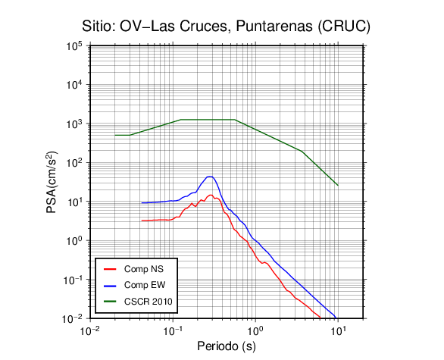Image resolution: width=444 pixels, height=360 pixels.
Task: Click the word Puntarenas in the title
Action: click(x=274, y=27)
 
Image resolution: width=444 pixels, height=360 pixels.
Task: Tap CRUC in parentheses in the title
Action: click(x=343, y=27)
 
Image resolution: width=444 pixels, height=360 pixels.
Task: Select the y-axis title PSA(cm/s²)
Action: click(x=52, y=183)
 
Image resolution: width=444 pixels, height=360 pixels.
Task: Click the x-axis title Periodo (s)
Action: click(x=227, y=346)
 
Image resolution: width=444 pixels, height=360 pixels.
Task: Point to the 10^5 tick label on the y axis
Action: click(x=74, y=45)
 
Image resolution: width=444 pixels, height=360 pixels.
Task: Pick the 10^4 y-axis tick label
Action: click(x=74, y=84)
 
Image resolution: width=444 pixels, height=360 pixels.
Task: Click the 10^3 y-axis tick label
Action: click(x=74, y=124)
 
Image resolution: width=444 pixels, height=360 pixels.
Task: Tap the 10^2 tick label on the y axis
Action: click(x=74, y=163)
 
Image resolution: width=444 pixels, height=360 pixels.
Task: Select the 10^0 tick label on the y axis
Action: click(x=74, y=240)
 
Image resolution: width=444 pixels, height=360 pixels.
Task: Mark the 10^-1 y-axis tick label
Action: click(x=73, y=280)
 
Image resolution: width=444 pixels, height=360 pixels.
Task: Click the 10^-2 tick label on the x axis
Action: click(x=89, y=330)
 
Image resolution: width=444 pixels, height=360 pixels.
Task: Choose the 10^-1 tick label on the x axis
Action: click(x=173, y=330)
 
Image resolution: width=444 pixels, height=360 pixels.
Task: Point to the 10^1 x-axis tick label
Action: click(x=337, y=330)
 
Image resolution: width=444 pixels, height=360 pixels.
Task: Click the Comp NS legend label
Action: click(x=143, y=269)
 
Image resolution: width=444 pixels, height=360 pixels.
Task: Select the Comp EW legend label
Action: click(x=145, y=285)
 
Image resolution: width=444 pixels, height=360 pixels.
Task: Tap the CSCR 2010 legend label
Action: click(x=148, y=302)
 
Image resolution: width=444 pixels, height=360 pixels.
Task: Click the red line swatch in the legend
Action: click(x=110, y=269)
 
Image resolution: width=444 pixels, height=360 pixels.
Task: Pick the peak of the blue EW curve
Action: click(x=210, y=177)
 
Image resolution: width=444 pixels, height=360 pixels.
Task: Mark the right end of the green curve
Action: click(x=338, y=185)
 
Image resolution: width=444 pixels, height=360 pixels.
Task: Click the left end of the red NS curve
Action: click(x=142, y=221)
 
